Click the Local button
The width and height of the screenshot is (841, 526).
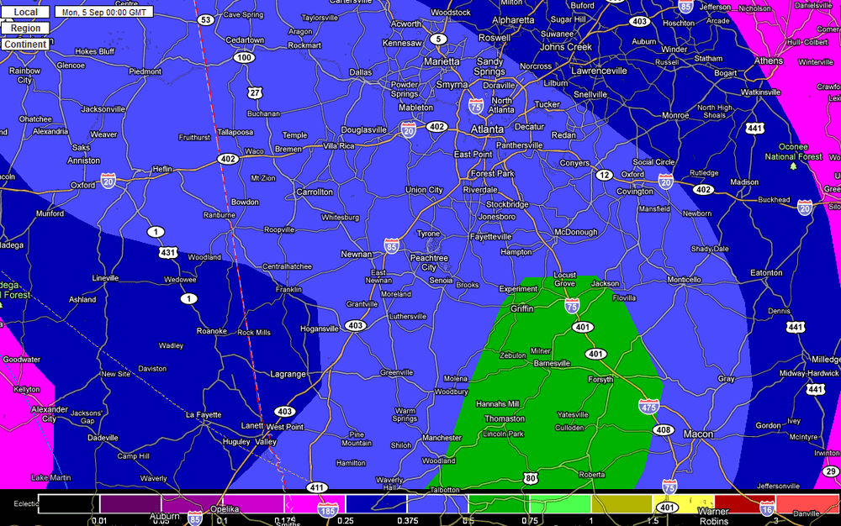coord(25,13)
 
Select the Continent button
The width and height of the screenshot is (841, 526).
coord(25,44)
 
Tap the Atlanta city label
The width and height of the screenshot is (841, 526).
coord(487,129)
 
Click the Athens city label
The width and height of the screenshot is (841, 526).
coord(768,61)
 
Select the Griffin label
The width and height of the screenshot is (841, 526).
coord(522,308)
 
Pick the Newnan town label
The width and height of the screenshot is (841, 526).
coord(356,254)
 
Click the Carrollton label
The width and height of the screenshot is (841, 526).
coord(315,192)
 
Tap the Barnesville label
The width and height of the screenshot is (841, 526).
coord(552,363)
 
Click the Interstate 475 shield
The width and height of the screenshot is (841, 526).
coord(648,408)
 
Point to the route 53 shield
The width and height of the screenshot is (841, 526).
coord(205,19)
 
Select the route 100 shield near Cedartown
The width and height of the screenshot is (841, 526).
coord(244,57)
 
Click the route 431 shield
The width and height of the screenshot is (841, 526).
coord(168,252)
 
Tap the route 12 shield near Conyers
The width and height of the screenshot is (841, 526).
coord(604,174)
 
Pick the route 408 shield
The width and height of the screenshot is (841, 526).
coord(664,429)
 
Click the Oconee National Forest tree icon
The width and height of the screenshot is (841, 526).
coord(792,166)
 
